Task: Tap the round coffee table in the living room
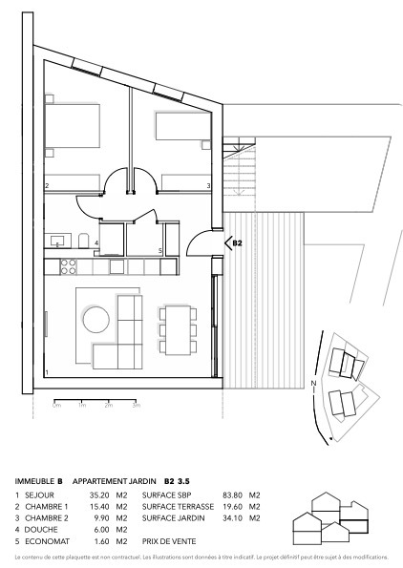[x=97, y=318]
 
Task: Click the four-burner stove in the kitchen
[x=69, y=262]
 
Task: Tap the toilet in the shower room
[x=84, y=240]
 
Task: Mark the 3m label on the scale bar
[x=137, y=406]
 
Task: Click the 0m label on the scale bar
[x=56, y=406]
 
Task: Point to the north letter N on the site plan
[x=312, y=384]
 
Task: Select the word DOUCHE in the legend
[x=42, y=529]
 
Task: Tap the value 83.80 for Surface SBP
[x=233, y=495]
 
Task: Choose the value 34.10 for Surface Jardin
[x=233, y=517]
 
